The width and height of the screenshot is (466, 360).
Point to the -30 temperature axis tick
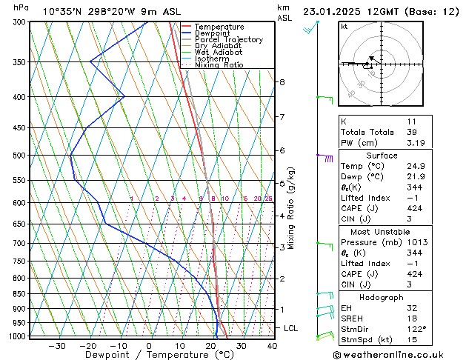tap(57, 345)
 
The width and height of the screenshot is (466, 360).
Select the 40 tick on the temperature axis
tap(272, 345)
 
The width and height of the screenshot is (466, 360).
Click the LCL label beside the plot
tap(292, 327)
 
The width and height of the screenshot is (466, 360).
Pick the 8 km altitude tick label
tap(282, 82)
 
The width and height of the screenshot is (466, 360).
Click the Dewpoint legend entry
tap(211, 33)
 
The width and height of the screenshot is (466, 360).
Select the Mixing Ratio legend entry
tap(219, 65)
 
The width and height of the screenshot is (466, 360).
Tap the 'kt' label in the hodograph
tap(344, 27)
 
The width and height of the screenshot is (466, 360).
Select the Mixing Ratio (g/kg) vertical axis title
tap(291, 208)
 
